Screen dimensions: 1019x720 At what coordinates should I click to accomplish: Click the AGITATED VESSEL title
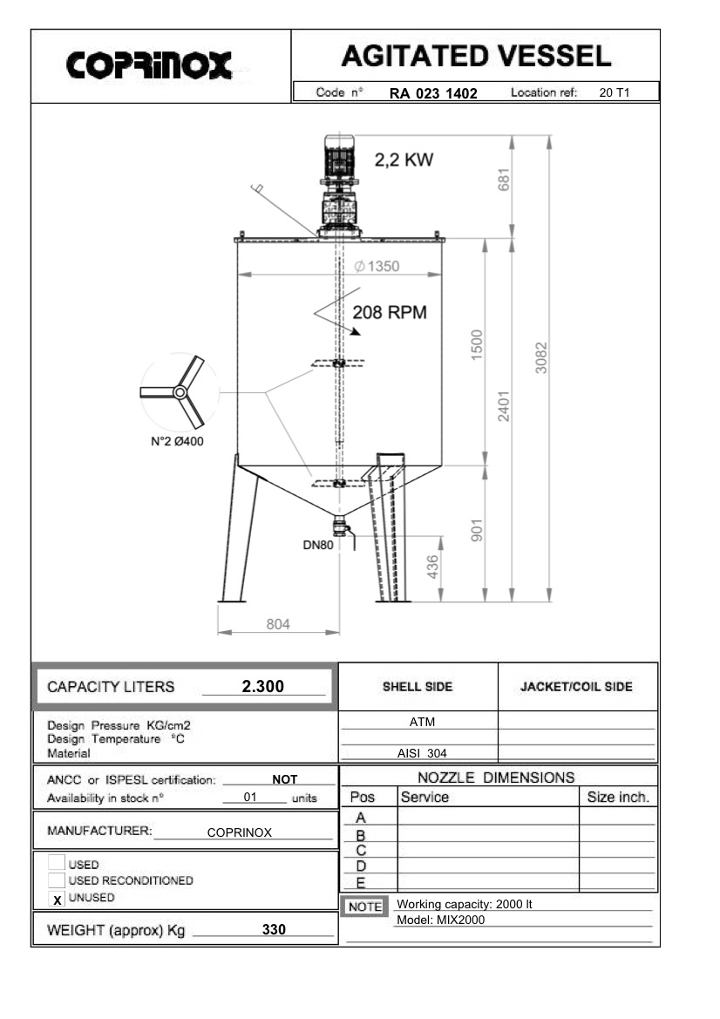[x=475, y=57]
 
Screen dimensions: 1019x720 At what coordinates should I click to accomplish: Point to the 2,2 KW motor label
[x=403, y=160]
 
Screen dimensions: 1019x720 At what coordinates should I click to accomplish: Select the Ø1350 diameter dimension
[x=377, y=267]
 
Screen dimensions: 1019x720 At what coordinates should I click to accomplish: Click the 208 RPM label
[x=389, y=313]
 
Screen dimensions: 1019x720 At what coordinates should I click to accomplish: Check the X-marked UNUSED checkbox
[x=57, y=899]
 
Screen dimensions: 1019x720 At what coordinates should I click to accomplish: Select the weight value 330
[x=275, y=930]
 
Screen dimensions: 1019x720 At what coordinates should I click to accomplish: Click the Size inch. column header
[x=617, y=797]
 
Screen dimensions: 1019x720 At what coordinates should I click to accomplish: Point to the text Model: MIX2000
[x=440, y=920]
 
